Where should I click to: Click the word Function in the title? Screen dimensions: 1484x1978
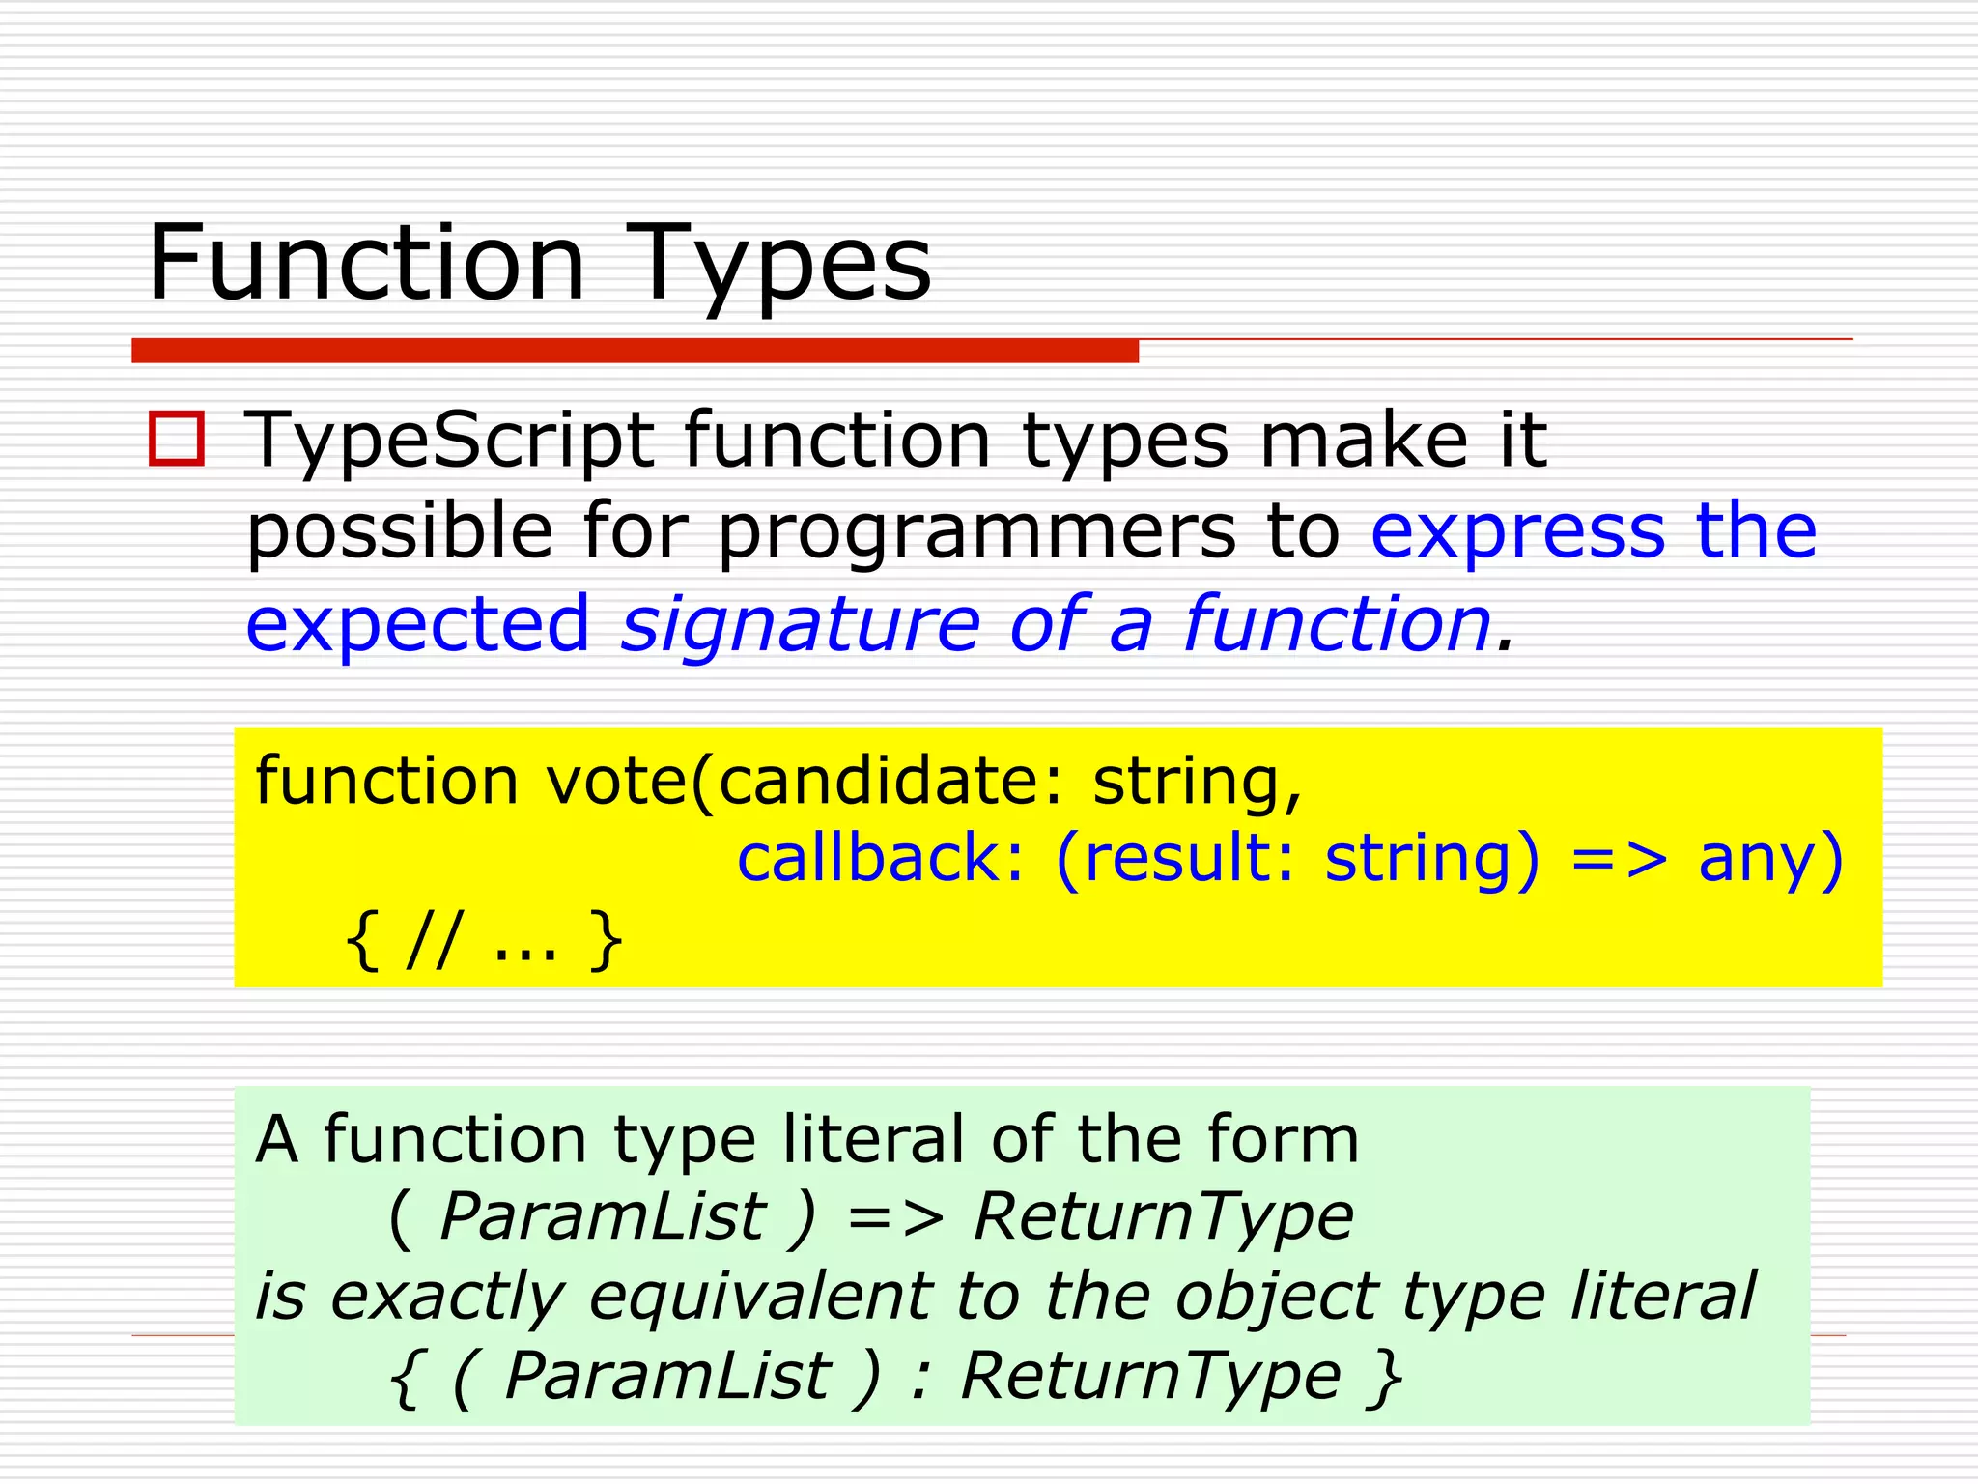click(367, 263)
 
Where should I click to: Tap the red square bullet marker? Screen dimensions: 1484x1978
click(177, 440)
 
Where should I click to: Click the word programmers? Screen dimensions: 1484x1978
click(975, 533)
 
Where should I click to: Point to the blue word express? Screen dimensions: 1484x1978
click(1517, 533)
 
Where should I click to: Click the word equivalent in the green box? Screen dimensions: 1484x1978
click(761, 1296)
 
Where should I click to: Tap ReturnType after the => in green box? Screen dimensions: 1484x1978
click(1163, 1217)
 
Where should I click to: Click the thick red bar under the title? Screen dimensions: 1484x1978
click(635, 351)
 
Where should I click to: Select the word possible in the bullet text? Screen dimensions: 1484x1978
click(399, 533)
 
